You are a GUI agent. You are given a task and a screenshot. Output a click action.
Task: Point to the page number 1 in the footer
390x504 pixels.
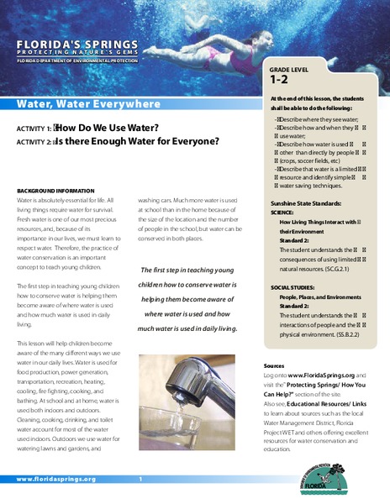140,479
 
